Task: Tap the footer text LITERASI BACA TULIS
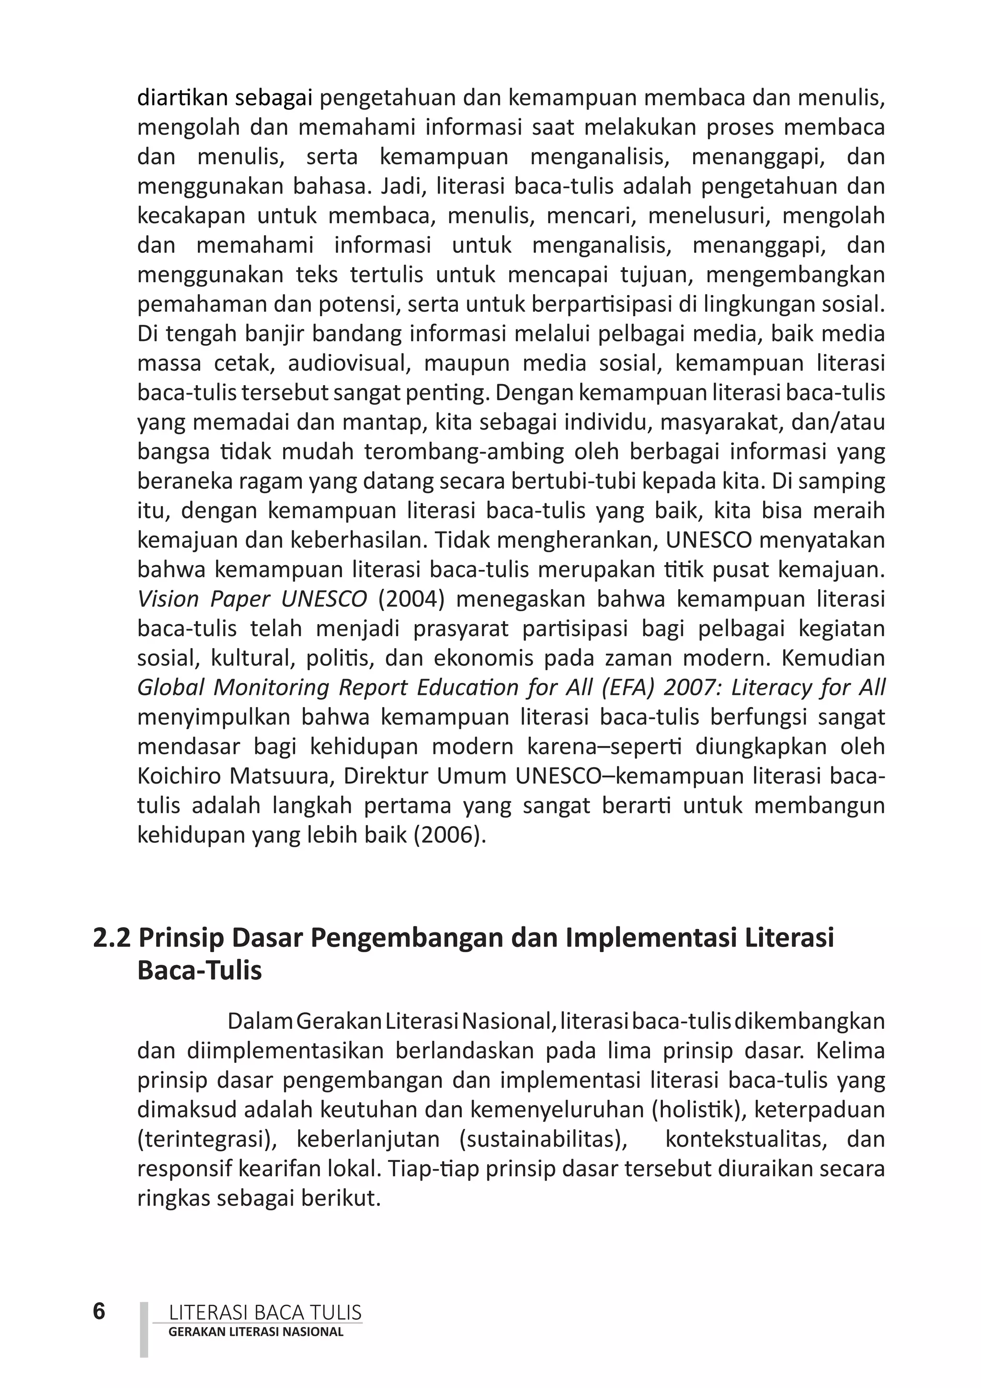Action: coord(265,1312)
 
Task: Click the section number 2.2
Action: coord(112,938)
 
